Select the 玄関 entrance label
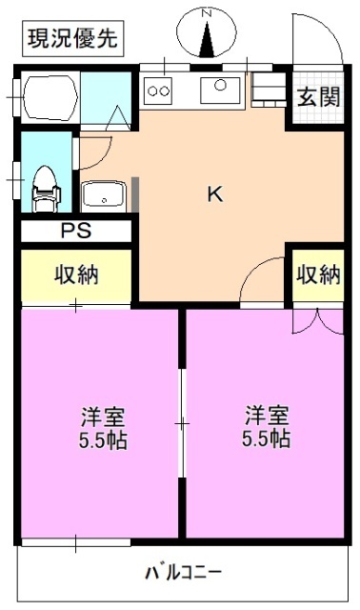[x=317, y=96]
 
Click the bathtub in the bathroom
[x=49, y=96]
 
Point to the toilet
[x=44, y=185]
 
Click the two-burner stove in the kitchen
[x=158, y=91]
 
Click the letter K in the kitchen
[x=215, y=193]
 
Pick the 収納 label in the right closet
[x=317, y=274]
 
